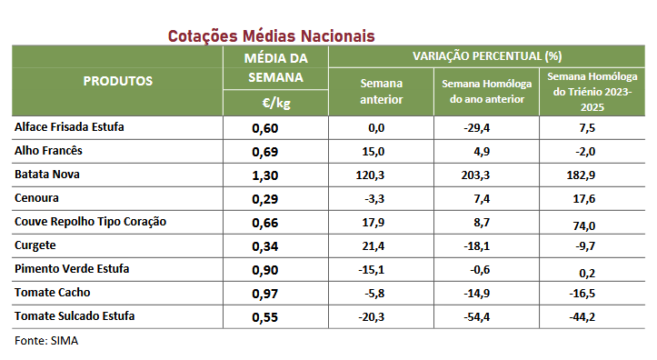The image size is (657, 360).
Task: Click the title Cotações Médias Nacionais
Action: click(x=271, y=36)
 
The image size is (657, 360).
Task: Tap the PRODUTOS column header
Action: click(x=118, y=81)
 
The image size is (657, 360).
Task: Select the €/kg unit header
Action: click(x=276, y=103)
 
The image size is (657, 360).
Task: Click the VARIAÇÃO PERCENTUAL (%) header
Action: click(x=487, y=56)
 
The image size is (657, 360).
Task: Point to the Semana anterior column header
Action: click(x=382, y=91)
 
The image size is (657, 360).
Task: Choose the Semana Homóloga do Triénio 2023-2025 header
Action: click(x=592, y=92)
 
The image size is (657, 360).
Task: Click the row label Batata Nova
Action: click(x=47, y=175)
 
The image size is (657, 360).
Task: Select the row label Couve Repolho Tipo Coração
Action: click(x=91, y=222)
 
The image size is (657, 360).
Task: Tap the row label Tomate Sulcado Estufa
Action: click(x=75, y=316)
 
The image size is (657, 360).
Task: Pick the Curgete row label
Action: click(x=35, y=245)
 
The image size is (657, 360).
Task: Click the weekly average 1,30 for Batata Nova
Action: click(x=264, y=175)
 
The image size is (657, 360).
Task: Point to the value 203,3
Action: click(x=475, y=175)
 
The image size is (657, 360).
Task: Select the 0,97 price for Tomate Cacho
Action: click(x=264, y=294)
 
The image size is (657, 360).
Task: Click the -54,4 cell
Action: click(x=477, y=317)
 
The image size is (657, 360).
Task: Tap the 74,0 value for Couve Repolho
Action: click(x=584, y=226)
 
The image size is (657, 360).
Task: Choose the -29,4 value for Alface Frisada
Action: click(x=477, y=128)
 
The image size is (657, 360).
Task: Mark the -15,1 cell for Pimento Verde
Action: click(x=372, y=270)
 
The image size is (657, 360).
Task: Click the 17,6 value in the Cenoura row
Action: click(x=584, y=199)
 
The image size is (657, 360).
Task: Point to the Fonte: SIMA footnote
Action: click(x=46, y=341)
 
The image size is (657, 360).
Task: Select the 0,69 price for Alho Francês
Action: click(x=264, y=152)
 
